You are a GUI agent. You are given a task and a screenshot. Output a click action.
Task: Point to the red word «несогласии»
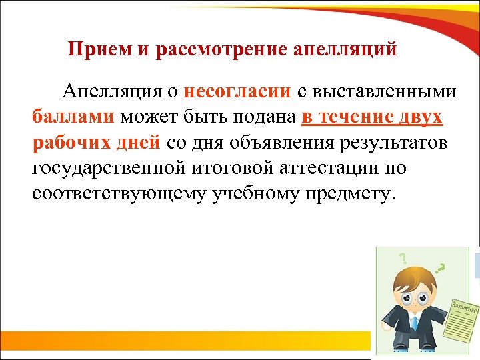[x=237, y=91]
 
